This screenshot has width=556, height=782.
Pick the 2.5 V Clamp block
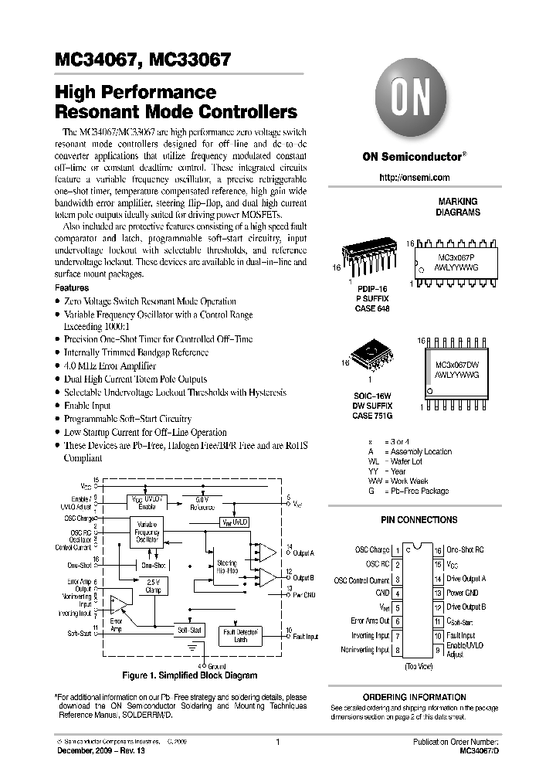[x=152, y=586]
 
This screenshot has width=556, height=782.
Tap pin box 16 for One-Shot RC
[x=437, y=550]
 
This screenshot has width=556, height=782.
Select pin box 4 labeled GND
[x=398, y=593]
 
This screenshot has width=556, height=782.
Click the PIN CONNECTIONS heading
[x=419, y=520]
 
